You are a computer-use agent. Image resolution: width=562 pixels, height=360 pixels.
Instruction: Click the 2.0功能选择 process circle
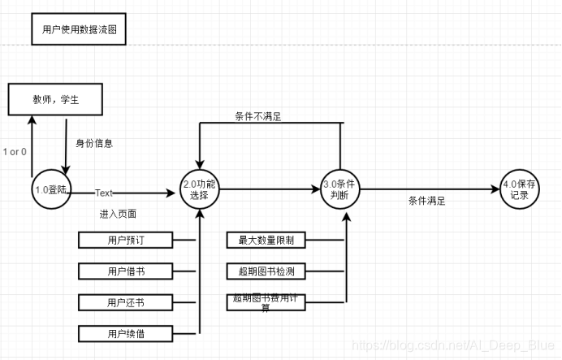tap(200, 190)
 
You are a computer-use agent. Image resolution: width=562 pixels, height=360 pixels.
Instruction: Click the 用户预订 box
tap(126, 240)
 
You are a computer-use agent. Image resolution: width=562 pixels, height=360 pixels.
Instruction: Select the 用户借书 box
tap(126, 270)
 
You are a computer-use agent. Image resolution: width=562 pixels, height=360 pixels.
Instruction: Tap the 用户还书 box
tap(126, 301)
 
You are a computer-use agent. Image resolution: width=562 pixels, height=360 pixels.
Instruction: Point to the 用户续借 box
tap(126, 332)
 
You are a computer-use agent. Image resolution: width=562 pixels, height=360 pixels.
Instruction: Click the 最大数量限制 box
tap(266, 240)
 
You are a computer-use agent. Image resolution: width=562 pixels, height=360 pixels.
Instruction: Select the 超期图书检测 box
tap(266, 270)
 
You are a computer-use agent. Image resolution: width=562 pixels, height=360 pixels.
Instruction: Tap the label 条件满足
tap(426, 201)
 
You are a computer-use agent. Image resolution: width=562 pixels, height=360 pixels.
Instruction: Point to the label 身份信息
tap(94, 143)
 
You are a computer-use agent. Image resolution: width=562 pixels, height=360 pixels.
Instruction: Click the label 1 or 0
tap(15, 152)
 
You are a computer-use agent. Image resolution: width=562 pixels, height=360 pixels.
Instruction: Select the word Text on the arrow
tap(104, 193)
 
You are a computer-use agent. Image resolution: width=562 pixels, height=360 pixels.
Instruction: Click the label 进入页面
tap(118, 214)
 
